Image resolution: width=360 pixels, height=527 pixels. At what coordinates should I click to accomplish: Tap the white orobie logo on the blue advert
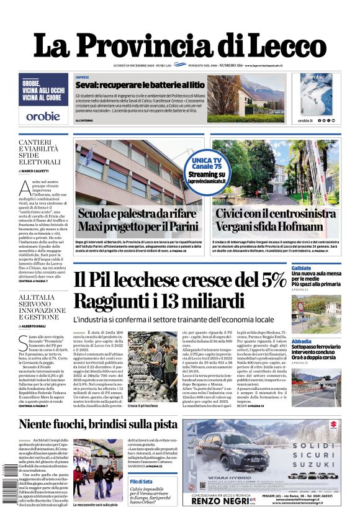43,115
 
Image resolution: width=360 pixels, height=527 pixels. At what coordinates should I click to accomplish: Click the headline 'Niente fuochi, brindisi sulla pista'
97,424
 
